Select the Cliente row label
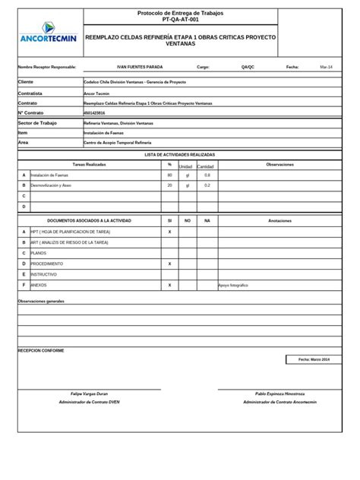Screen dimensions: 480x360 click(26, 81)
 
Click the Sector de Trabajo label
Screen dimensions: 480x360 click(37, 122)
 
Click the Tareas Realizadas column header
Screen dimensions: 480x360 click(90, 164)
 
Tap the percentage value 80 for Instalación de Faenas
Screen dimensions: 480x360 click(169, 175)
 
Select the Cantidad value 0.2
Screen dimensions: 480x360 click(207, 185)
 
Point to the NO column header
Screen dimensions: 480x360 click(188, 220)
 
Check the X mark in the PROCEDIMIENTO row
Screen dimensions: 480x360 click(169, 263)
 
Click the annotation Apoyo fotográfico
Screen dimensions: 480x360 click(234, 285)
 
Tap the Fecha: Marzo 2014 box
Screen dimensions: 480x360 click(314, 358)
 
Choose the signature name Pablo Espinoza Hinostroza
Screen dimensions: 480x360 click(279, 394)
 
